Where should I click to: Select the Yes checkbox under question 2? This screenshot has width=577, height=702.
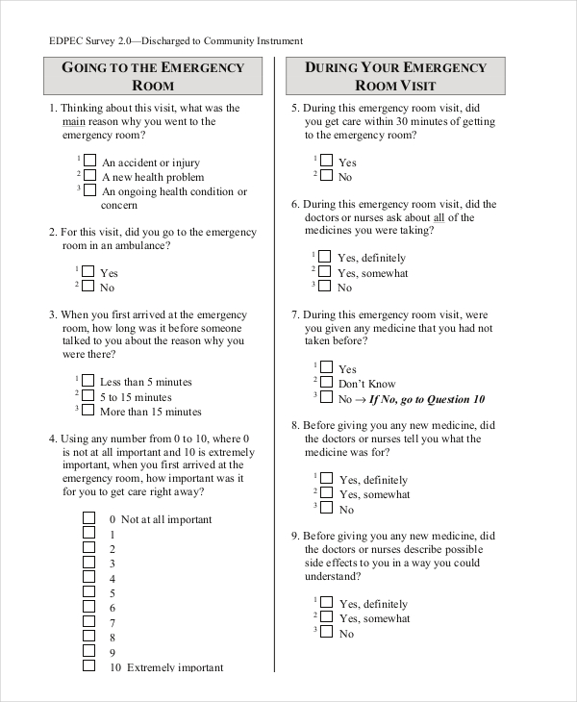coord(88,272)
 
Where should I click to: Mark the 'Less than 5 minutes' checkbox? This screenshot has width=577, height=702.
coord(88,381)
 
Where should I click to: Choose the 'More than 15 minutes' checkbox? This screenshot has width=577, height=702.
coord(88,411)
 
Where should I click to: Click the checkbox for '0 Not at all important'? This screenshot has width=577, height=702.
coord(88,517)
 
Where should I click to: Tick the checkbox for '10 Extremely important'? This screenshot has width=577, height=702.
coord(88,665)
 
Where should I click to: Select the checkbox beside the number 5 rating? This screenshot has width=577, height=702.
coord(88,591)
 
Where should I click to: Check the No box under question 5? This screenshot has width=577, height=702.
coord(326,176)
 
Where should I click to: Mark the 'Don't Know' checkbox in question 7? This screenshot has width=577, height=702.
coord(326,383)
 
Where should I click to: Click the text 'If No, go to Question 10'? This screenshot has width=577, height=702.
coord(422,399)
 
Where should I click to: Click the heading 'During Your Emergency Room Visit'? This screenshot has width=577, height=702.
coord(396,76)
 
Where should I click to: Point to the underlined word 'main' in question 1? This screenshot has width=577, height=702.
coord(72,122)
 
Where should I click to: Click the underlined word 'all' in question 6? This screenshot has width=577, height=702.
coord(439,218)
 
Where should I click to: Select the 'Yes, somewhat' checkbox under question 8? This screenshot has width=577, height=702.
coord(326,493)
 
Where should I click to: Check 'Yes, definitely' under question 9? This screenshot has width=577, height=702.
coord(326,603)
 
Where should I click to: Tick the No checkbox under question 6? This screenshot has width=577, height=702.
coord(326,287)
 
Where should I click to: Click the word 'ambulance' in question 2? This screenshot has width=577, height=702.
coord(140,246)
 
